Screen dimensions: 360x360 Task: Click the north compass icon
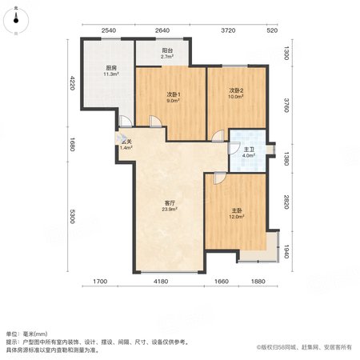16,21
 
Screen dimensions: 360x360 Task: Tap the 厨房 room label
111,68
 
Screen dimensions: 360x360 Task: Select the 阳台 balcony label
167,50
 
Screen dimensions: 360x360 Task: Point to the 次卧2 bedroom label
236,90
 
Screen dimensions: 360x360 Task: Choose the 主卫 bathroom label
249,150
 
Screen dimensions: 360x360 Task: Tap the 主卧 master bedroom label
237,210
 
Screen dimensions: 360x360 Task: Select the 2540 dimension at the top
109,30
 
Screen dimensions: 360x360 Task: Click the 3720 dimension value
228,30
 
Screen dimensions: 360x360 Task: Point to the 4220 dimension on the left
72,83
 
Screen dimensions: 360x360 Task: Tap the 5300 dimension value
72,216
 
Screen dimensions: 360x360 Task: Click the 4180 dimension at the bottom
161,282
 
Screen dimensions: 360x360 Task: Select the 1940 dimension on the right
286,251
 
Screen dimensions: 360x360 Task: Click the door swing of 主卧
220,178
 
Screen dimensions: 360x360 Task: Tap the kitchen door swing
126,122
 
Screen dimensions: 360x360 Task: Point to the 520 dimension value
272,30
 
